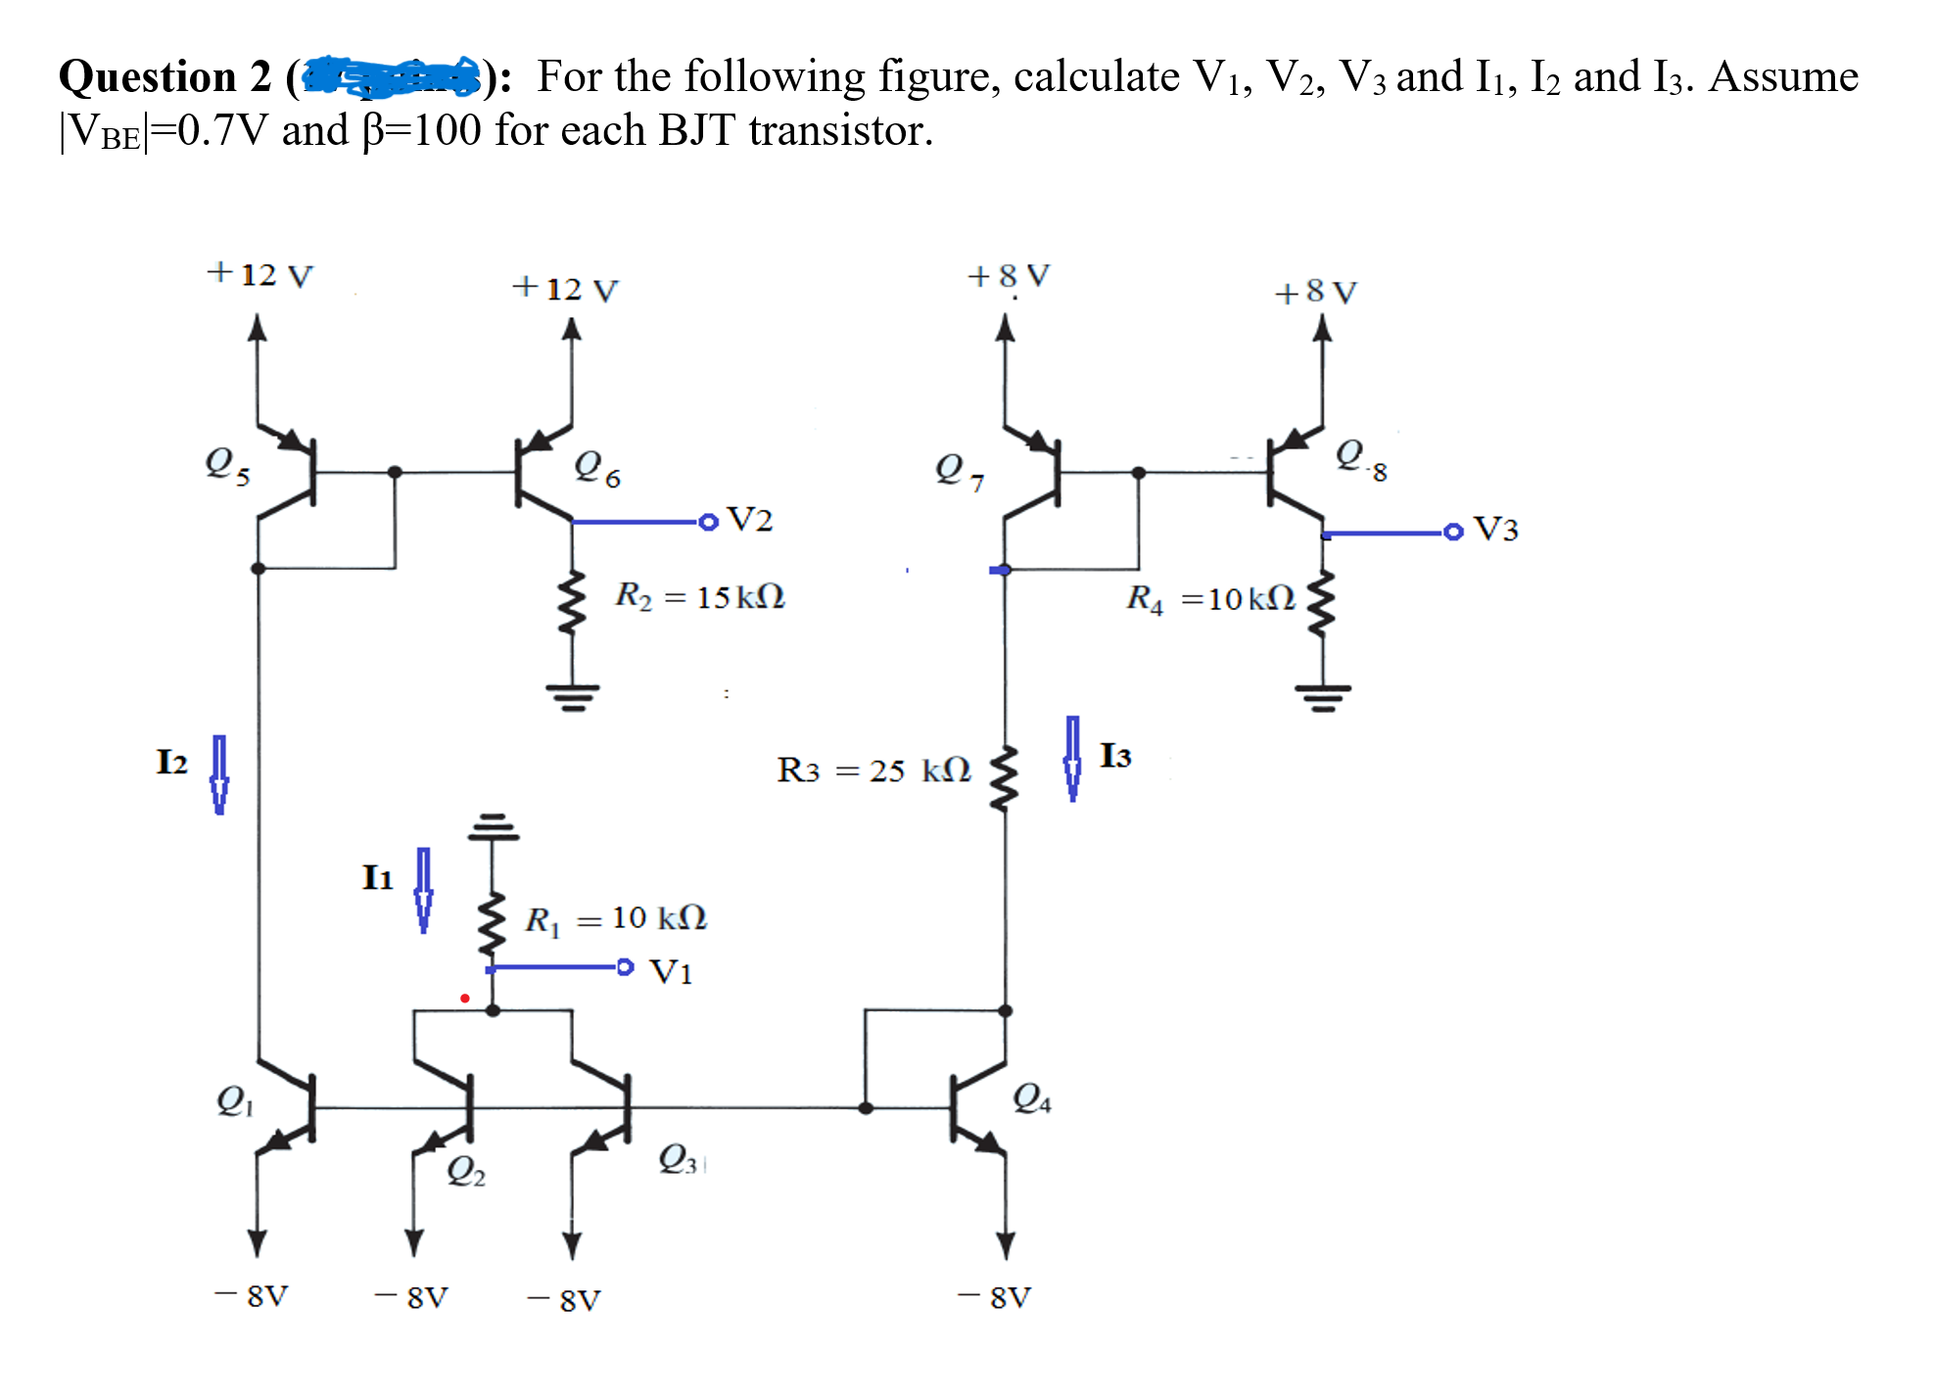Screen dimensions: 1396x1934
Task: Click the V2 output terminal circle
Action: click(x=709, y=522)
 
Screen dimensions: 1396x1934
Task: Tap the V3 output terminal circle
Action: click(x=1453, y=532)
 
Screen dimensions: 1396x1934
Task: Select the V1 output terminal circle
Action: click(x=625, y=967)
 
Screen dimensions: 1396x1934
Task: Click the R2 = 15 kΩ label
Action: click(x=699, y=595)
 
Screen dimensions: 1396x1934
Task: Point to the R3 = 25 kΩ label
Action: click(x=873, y=769)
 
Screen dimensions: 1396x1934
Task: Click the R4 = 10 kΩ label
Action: click(x=1210, y=597)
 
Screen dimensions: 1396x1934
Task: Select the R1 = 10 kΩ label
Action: click(x=615, y=918)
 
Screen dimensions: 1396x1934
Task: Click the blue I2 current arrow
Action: click(x=219, y=774)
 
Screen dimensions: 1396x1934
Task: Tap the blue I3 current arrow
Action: click(x=1073, y=758)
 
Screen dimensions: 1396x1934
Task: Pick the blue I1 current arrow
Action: click(x=423, y=889)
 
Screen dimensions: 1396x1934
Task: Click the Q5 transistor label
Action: click(x=227, y=464)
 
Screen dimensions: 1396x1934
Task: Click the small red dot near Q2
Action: click(x=465, y=999)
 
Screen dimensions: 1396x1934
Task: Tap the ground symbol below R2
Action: click(x=573, y=696)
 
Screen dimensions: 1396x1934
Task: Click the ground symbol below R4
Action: click(x=1323, y=696)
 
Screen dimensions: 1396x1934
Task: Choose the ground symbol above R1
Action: click(x=493, y=827)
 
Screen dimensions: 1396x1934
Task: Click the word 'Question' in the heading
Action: click(x=147, y=76)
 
